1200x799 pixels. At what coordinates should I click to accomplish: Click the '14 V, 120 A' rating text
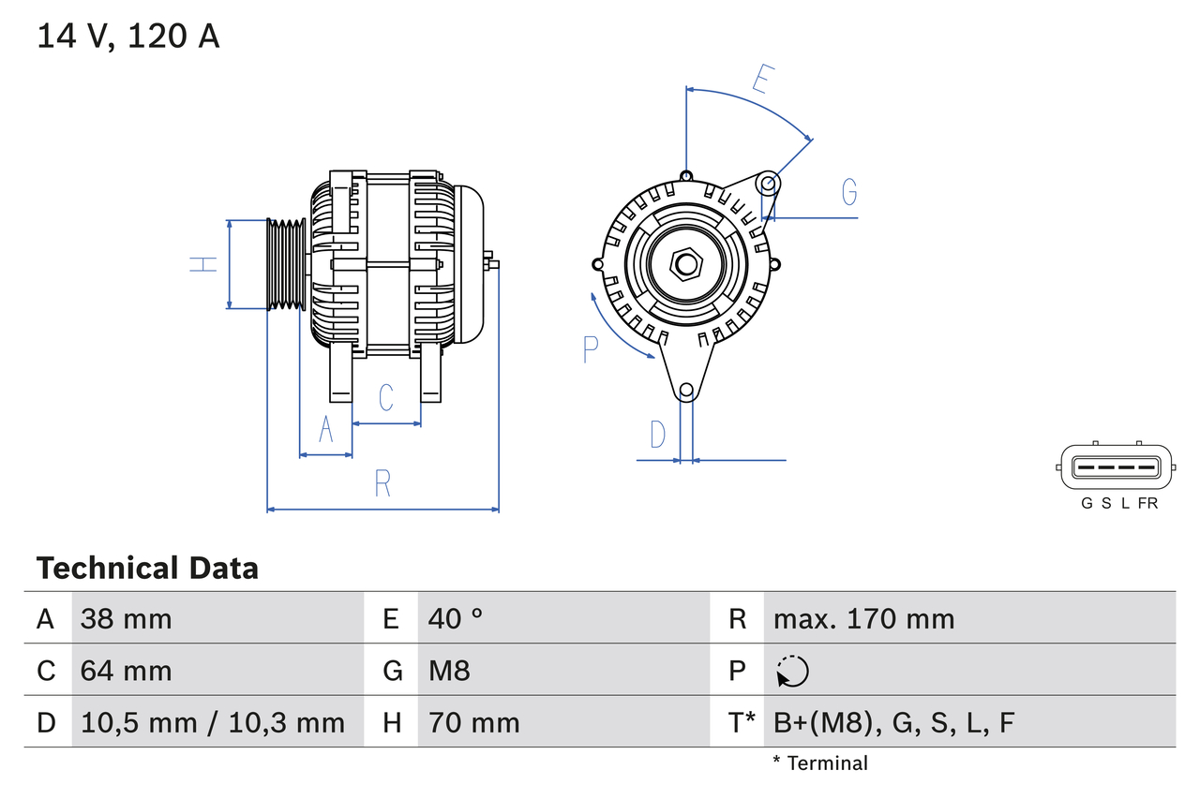(127, 36)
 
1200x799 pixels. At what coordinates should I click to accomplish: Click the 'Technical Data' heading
(147, 569)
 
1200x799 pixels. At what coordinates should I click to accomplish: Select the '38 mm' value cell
(127, 618)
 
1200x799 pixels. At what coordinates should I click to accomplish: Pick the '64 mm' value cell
(127, 671)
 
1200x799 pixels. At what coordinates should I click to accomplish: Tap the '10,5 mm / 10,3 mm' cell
(213, 722)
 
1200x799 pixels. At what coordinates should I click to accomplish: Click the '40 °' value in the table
(456, 618)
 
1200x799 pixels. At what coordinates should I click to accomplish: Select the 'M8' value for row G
(449, 671)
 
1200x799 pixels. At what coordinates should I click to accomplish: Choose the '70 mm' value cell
(473, 722)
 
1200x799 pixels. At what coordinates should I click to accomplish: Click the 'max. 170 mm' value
(863, 618)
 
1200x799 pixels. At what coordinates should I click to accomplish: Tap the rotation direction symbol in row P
(792, 671)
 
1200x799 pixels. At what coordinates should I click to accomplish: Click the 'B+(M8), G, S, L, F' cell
(893, 722)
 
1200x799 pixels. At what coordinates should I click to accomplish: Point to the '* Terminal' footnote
(820, 763)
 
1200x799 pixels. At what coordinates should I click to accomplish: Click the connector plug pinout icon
(1115, 466)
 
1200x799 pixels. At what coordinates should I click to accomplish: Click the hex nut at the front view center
(686, 264)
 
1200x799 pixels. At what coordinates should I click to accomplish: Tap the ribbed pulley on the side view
(286, 264)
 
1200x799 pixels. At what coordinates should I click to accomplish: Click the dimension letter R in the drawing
(382, 484)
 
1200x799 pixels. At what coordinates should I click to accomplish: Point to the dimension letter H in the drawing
(203, 264)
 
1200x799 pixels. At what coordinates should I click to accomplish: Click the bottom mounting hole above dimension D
(686, 390)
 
